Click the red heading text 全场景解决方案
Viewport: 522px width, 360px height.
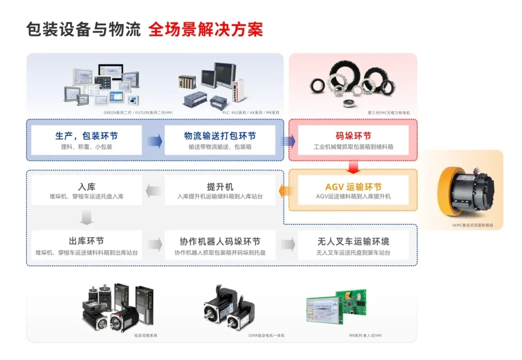(206, 29)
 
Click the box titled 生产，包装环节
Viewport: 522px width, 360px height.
(87, 140)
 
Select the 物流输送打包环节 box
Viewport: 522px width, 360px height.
(220, 140)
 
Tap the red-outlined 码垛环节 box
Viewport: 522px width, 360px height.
(353, 140)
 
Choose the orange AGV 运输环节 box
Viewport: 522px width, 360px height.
(353, 190)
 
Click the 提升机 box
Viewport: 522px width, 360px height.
(220, 190)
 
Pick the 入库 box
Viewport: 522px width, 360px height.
(87, 190)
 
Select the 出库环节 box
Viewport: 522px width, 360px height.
(87, 245)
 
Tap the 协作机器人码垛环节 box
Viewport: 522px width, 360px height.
(220, 245)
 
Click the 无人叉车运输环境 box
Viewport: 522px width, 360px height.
(353, 245)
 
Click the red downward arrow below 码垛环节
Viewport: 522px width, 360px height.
(353, 167)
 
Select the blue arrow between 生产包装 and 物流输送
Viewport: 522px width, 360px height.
(154, 141)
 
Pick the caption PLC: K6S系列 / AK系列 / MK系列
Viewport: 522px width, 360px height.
(245, 113)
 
